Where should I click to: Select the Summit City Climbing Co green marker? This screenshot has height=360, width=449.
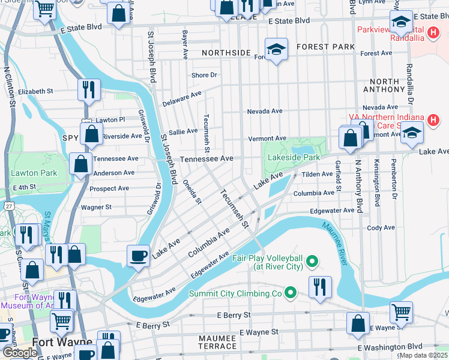(291, 293)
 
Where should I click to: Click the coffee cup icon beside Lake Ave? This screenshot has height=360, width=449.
(138, 255)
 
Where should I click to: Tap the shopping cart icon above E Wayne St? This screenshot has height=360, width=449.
(400, 311)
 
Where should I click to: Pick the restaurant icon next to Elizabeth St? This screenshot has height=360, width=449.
(89, 89)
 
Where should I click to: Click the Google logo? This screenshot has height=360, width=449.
(20, 353)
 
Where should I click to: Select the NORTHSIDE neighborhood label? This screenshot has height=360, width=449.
(226, 53)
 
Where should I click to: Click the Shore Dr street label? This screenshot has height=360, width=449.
(203, 75)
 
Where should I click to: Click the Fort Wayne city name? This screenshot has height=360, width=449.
(62, 343)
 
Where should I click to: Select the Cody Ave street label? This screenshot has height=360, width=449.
(381, 228)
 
